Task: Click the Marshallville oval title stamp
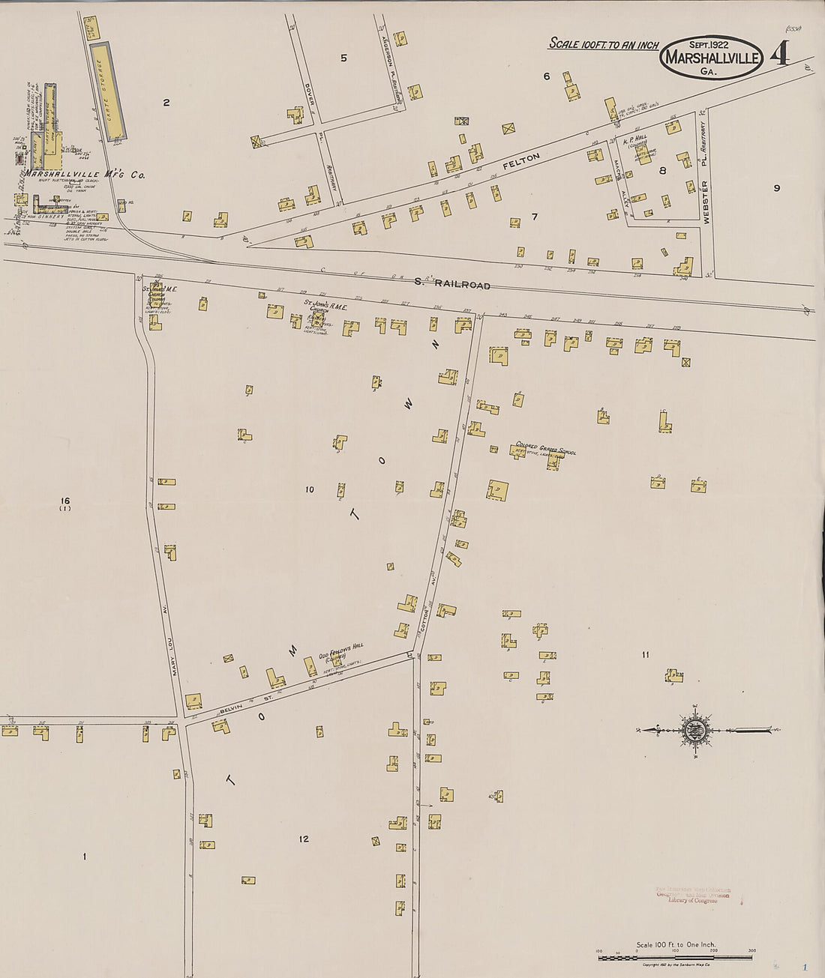[x=711, y=58]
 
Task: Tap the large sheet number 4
[x=779, y=54]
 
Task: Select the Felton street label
[x=521, y=160]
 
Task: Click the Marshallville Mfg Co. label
[x=85, y=175]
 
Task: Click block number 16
[x=65, y=501]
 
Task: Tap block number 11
[x=645, y=655]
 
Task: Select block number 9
[x=776, y=188]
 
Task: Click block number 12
[x=304, y=839]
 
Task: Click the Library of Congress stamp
[x=691, y=895]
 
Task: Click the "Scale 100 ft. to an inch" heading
[x=604, y=44]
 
